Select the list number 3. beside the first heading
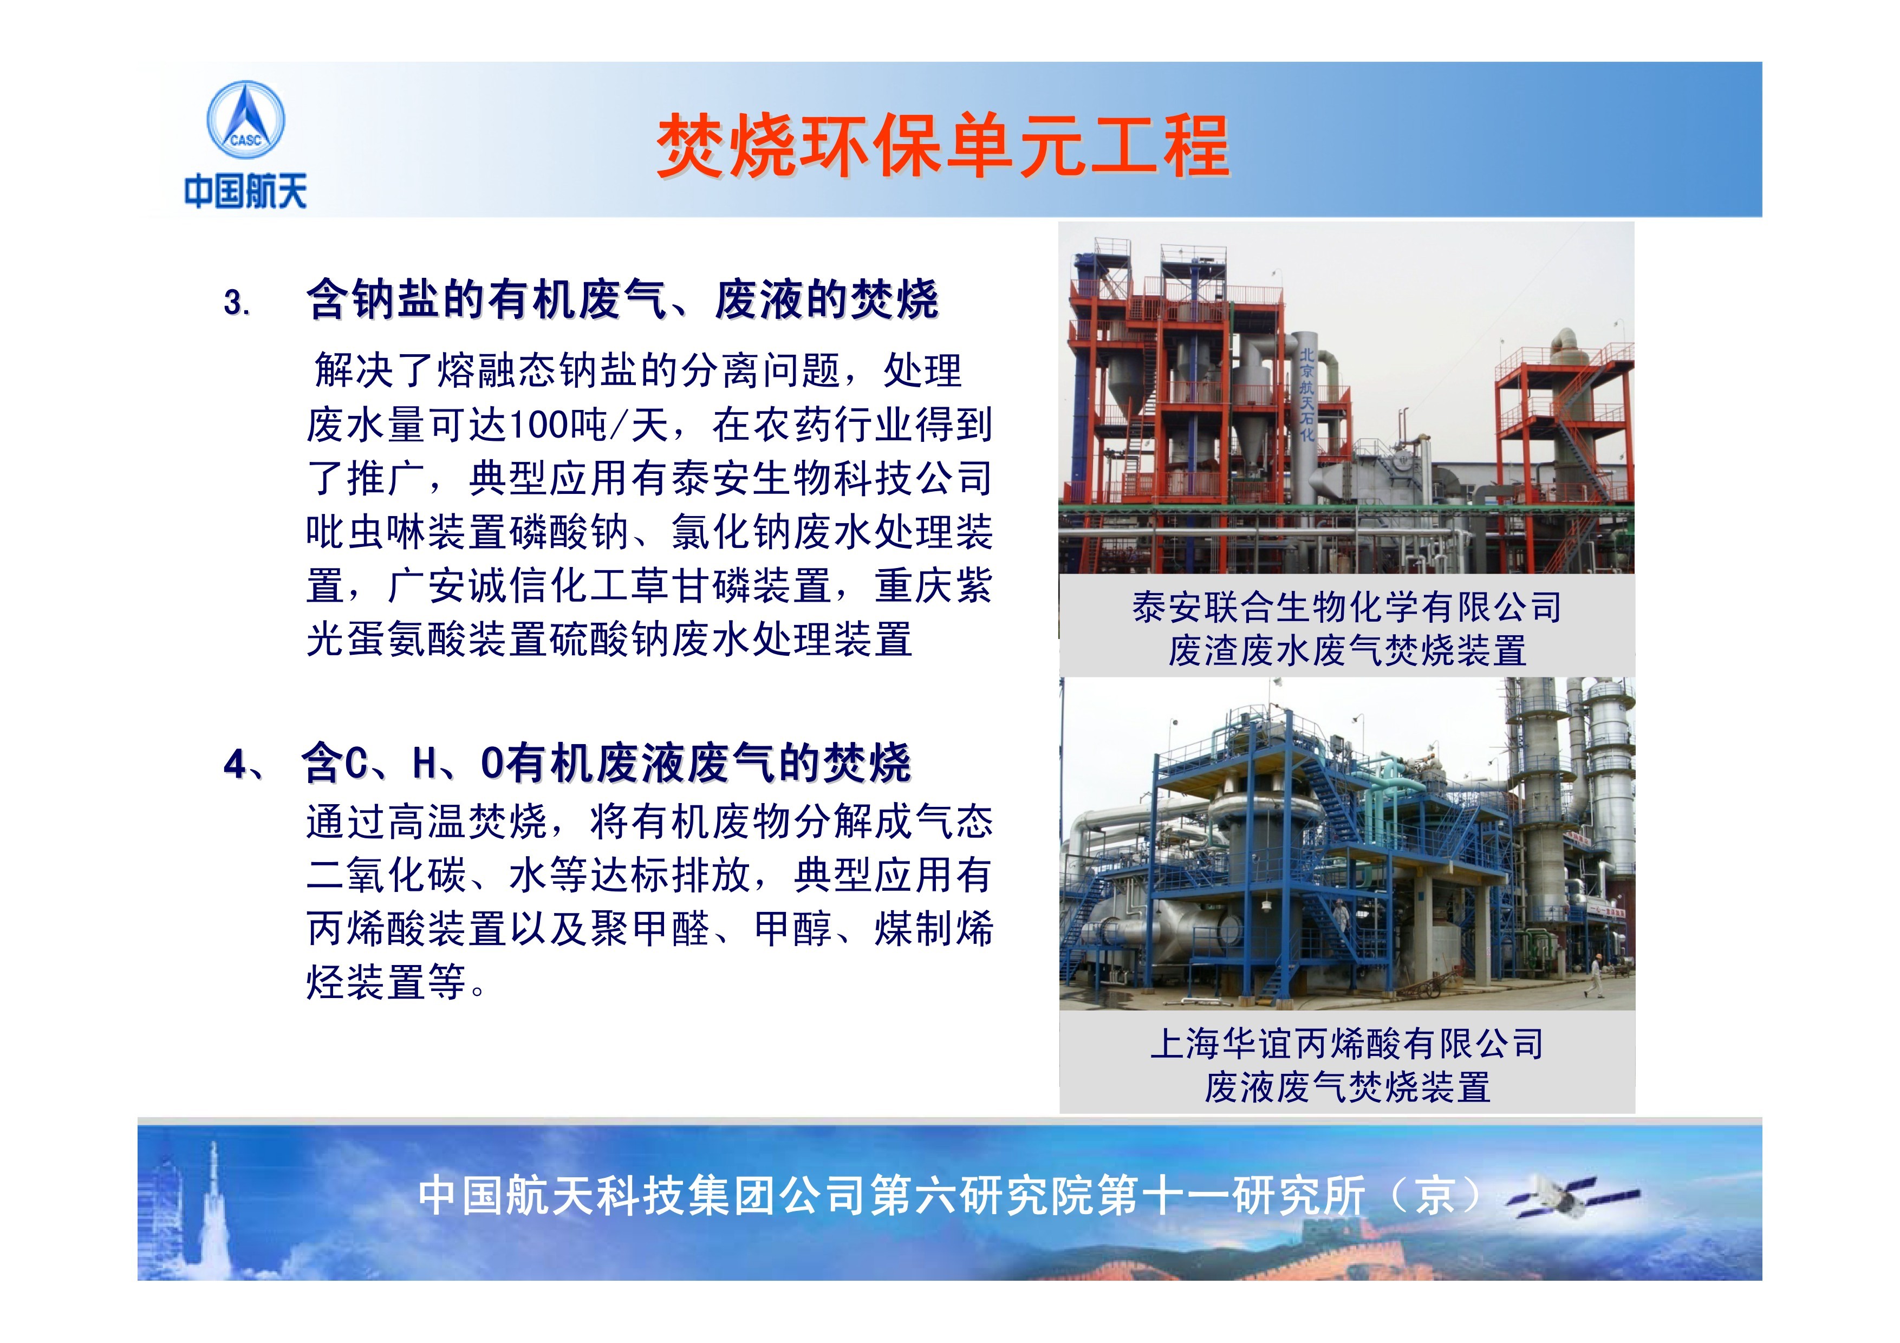pos(237,302)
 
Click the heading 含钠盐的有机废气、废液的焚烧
pos(622,299)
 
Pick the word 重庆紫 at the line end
pos(933,586)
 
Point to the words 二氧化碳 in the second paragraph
pos(387,875)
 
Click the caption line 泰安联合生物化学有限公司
pos(1346,608)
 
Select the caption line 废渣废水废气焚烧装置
pos(1347,650)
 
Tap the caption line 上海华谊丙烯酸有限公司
pos(1347,1044)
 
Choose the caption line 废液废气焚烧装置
pos(1347,1086)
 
